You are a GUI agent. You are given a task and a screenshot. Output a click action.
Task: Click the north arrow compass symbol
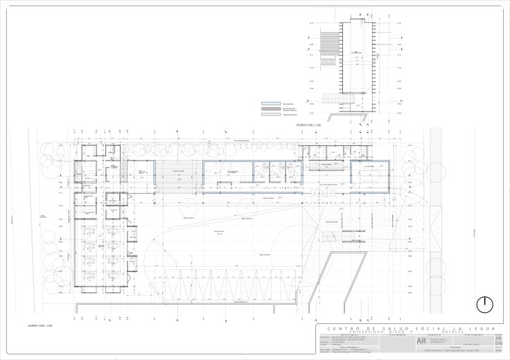pyautogui.click(x=485, y=305)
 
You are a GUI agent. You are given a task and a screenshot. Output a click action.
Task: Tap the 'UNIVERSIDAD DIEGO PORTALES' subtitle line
pyautogui.click(x=407, y=332)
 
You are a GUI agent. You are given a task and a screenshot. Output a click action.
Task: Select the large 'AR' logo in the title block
pyautogui.click(x=423, y=341)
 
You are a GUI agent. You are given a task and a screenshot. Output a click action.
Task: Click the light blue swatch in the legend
pyautogui.click(x=270, y=101)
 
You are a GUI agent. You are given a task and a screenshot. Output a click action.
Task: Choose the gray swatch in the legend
pyautogui.click(x=270, y=109)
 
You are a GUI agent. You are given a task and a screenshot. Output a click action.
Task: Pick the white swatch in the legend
pyautogui.click(x=270, y=115)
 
